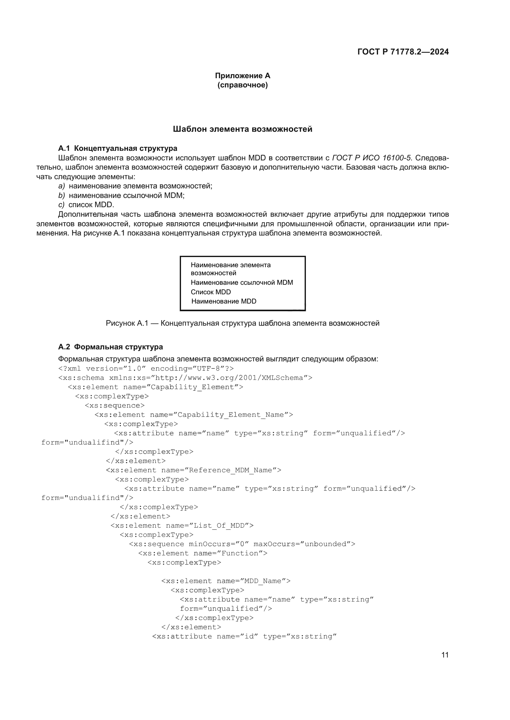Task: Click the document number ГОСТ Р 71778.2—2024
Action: [x=403, y=52]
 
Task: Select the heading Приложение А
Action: [x=242, y=76]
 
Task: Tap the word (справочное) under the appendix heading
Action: [x=242, y=85]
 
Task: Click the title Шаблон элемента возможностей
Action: [x=242, y=129]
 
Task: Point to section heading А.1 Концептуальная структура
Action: [x=118, y=148]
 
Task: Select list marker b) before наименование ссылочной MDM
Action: [x=62, y=195]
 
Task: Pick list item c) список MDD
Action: [x=86, y=205]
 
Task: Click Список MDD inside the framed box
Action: [x=211, y=292]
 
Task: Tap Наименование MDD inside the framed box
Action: [x=224, y=301]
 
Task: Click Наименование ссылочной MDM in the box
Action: [x=242, y=283]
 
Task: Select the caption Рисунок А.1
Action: [x=242, y=323]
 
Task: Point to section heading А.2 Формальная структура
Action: [x=111, y=347]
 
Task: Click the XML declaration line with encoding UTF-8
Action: [x=146, y=368]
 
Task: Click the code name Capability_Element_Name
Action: [x=231, y=415]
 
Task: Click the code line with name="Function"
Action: [x=203, y=553]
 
